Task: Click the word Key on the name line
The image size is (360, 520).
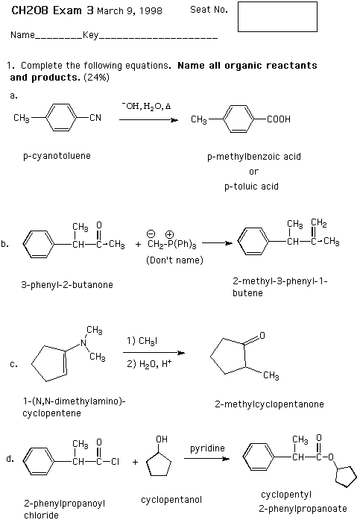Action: point(90,35)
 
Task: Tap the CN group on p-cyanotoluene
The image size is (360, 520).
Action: point(95,118)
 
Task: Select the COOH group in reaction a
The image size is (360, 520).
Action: point(279,119)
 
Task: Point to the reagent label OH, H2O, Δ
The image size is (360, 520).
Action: point(146,107)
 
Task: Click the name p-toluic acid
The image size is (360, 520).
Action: point(251,187)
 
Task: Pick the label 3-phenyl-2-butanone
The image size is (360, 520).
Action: point(67,285)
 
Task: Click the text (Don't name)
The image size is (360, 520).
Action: point(174,260)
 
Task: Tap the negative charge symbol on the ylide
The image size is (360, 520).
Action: point(151,234)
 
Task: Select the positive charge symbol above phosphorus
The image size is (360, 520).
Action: point(170,234)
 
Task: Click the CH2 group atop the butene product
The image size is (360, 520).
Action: point(318,223)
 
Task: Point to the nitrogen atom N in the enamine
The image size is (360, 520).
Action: point(83,343)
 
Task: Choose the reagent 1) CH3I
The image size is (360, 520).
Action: point(142,341)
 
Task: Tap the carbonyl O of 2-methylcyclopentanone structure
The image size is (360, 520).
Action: point(262,335)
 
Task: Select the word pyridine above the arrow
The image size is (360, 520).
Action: point(207,448)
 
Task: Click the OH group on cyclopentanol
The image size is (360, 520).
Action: point(162,439)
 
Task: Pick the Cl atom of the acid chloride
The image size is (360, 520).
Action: point(115,462)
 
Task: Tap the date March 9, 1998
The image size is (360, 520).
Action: point(130,11)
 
